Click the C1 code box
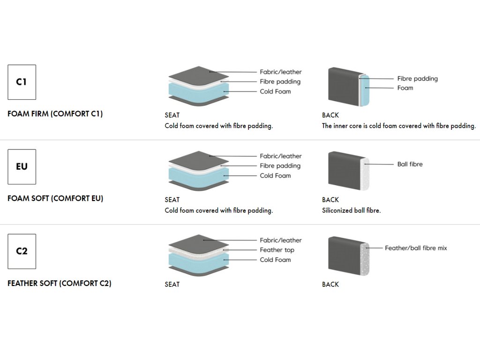[x=22, y=82]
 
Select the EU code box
[x=22, y=167]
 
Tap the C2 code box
[x=22, y=251]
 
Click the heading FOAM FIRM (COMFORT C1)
[x=55, y=114]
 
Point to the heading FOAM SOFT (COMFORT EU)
[x=55, y=198]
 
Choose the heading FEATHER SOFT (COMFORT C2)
[x=60, y=283]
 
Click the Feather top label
[x=277, y=250]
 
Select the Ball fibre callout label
[x=410, y=164]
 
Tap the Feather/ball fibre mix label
[x=416, y=248]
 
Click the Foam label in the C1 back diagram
[x=405, y=88]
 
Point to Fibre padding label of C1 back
[x=418, y=79]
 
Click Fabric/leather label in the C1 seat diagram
[x=281, y=72]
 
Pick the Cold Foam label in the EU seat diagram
[x=275, y=176]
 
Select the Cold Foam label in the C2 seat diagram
[x=275, y=260]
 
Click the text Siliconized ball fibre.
[x=352, y=210]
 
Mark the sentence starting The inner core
[x=399, y=126]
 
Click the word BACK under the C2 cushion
[x=330, y=285]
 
